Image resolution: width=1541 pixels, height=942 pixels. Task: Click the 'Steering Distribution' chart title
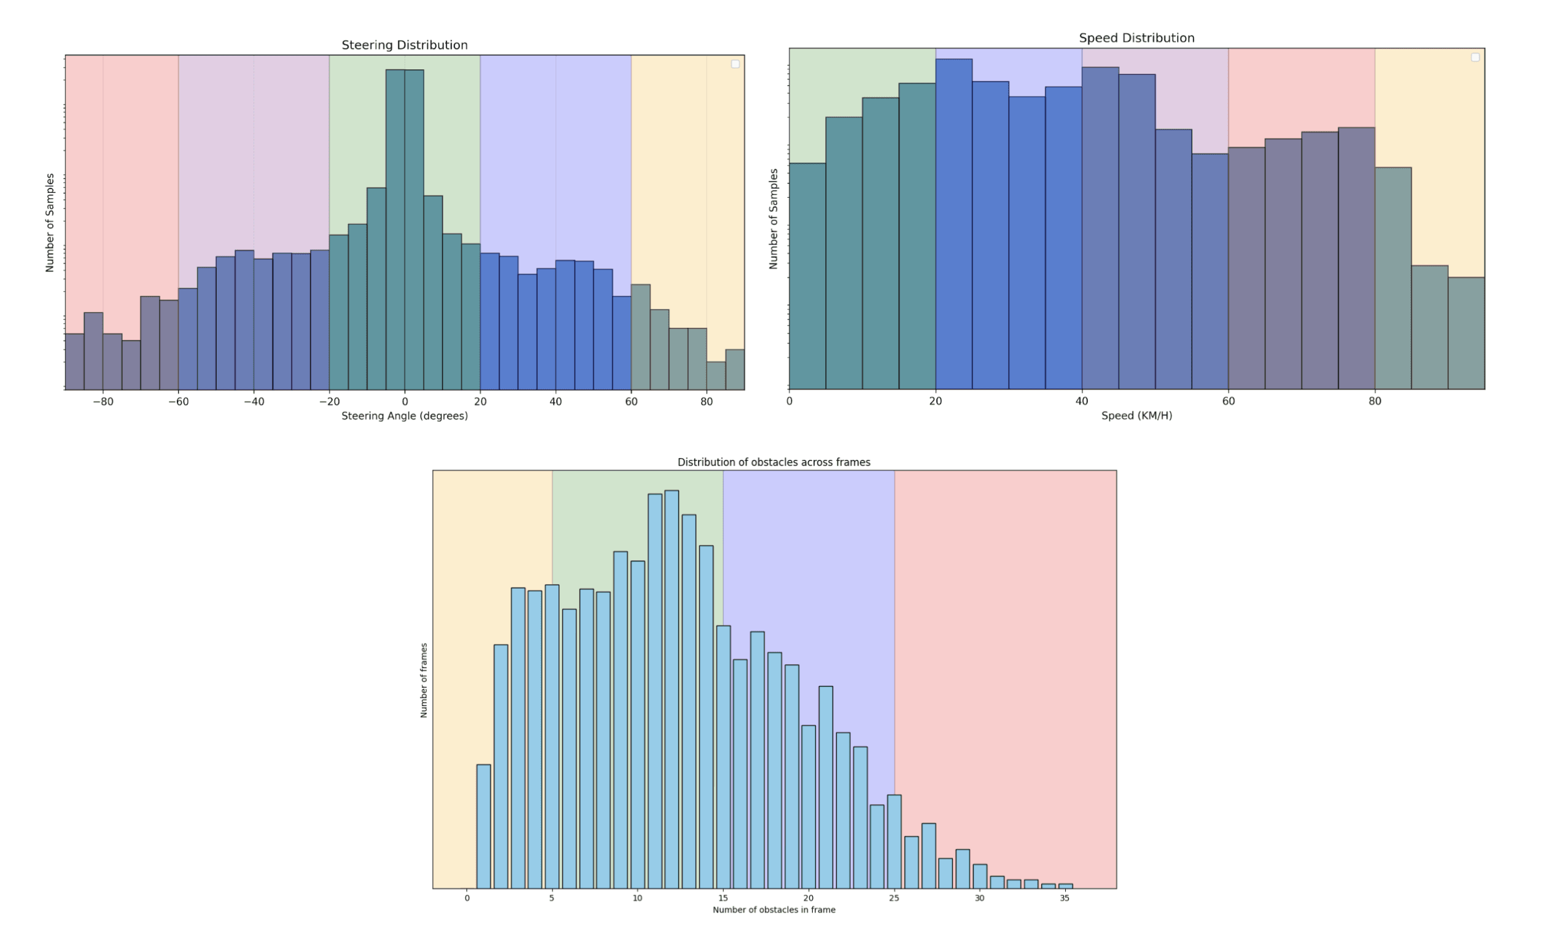(x=404, y=45)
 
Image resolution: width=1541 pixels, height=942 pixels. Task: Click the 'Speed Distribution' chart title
(x=1136, y=38)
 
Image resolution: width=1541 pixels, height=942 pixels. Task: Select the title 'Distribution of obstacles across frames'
(x=774, y=462)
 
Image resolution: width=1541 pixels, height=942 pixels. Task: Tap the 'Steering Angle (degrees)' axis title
(x=404, y=416)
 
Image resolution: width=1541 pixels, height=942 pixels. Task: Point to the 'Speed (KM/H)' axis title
(x=1136, y=415)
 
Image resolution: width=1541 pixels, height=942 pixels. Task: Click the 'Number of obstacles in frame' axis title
(x=774, y=909)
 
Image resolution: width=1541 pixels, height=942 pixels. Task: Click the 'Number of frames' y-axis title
(x=424, y=680)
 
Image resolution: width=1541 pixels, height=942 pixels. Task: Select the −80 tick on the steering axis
(x=103, y=402)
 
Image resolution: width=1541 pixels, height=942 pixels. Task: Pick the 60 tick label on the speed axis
(x=1229, y=402)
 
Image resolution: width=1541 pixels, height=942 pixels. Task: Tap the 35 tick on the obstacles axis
(x=1065, y=898)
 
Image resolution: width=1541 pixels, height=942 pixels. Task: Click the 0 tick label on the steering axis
(x=405, y=402)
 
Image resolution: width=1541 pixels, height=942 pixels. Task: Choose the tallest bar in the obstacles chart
(x=672, y=688)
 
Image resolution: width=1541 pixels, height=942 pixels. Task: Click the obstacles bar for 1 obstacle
(x=483, y=826)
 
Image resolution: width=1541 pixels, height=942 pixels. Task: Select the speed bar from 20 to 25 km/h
(x=953, y=225)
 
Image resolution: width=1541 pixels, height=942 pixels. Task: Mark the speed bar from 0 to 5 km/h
(x=807, y=275)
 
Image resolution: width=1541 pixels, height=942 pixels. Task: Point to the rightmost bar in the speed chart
(x=1466, y=333)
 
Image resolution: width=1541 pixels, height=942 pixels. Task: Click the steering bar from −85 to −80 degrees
(x=94, y=350)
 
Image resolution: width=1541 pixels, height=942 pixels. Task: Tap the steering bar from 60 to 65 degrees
(x=640, y=337)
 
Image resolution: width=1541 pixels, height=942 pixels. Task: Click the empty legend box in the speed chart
(x=1475, y=58)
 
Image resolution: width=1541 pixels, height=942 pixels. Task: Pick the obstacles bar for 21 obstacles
(x=826, y=787)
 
